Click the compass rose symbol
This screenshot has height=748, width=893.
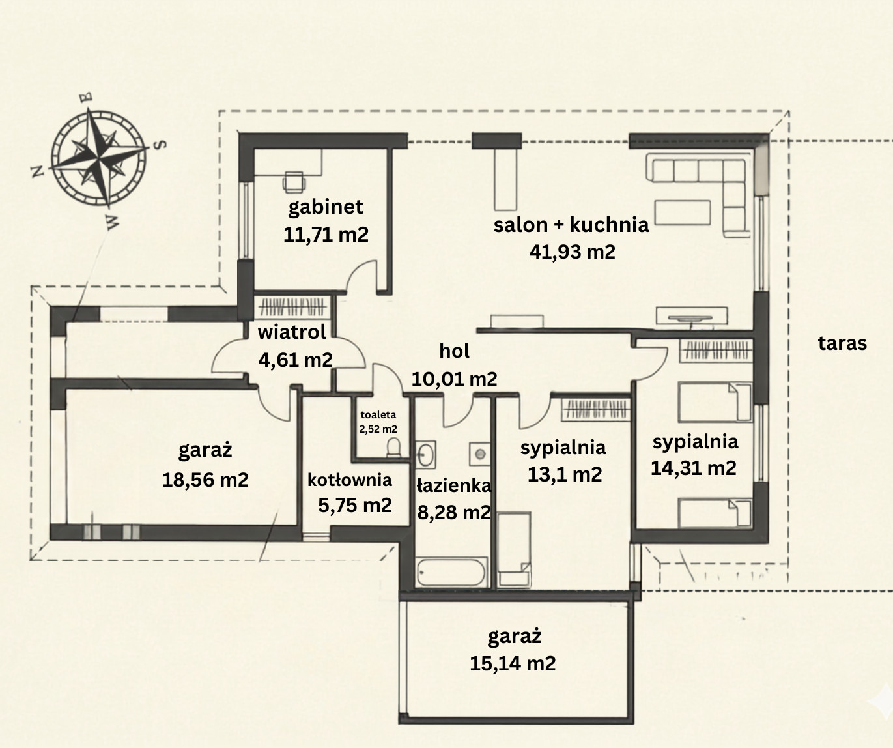tap(98, 158)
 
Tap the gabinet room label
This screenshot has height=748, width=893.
tap(326, 207)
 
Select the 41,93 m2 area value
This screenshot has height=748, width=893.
tap(573, 252)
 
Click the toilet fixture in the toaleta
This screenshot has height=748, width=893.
tap(393, 447)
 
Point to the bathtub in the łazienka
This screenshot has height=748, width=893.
tap(451, 571)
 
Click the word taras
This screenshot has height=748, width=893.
tap(842, 343)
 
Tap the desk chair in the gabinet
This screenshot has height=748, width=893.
tap(294, 181)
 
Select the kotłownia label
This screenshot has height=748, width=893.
tap(349, 480)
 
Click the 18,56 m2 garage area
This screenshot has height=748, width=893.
tap(205, 480)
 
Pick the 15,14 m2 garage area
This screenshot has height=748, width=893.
tap(513, 664)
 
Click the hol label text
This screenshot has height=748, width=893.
tap(454, 351)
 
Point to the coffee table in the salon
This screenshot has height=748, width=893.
tap(683, 212)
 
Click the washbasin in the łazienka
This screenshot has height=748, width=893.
tap(425, 454)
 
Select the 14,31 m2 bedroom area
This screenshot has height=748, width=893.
tap(694, 468)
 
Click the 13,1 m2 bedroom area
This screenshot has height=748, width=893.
tap(565, 474)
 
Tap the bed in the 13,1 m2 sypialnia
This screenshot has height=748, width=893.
tap(515, 549)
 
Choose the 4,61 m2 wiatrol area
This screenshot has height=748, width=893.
tap(296, 360)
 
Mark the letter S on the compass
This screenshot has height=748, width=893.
tap(160, 145)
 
